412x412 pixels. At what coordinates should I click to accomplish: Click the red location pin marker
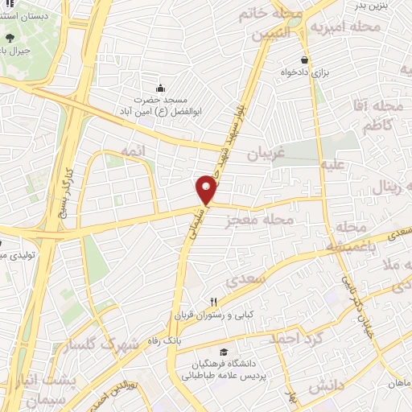point(207,190)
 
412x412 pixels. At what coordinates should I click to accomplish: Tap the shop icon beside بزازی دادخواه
point(304,60)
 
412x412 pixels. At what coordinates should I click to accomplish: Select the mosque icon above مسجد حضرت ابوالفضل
point(161,88)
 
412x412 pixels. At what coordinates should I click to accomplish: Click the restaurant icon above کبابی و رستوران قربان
point(213,300)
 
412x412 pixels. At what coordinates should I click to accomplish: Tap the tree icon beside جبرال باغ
point(9,38)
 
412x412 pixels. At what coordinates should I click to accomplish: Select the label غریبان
point(264,153)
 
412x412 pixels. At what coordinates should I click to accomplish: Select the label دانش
point(325,386)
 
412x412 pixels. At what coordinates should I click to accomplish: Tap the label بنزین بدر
point(373,6)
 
